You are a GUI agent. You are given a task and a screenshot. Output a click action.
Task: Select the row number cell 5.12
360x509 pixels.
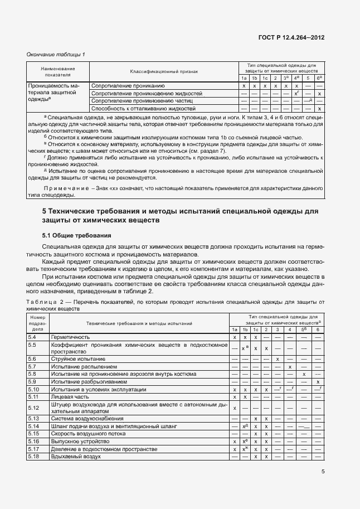coord(33,408)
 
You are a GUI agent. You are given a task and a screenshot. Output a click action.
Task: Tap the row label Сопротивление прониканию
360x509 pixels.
coord(128,86)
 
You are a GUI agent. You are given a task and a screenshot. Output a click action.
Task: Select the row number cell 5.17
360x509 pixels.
coord(33,449)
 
